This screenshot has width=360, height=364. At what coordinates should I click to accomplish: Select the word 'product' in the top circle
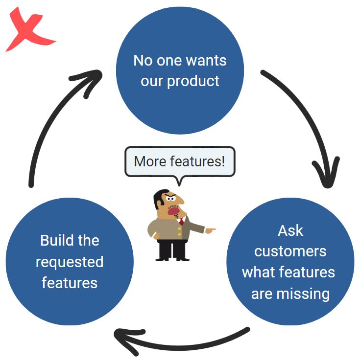[193, 81]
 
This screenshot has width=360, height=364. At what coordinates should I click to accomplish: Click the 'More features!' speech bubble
[180, 161]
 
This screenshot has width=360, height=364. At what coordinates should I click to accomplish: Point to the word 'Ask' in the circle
[290, 230]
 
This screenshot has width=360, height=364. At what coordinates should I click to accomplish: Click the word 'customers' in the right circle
[290, 251]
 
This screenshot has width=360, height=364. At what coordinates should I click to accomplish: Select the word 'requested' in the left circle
[70, 262]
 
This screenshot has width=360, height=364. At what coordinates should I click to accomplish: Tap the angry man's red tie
[181, 221]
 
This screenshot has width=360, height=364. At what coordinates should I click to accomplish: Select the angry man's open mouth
[173, 211]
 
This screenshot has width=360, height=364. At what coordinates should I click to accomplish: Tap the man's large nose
[180, 200]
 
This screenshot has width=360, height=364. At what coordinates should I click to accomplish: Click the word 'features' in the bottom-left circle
[70, 283]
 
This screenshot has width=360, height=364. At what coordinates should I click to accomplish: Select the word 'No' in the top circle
[143, 61]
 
